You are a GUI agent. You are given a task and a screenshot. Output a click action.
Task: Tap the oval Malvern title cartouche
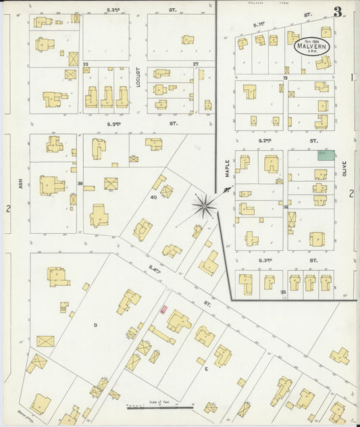click(x=312, y=47)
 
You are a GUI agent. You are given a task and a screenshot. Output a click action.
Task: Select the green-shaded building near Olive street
click(x=327, y=155)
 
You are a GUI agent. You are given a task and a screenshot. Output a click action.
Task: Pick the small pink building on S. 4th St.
click(x=163, y=309)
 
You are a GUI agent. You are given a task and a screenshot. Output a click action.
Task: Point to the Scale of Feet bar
click(x=161, y=407)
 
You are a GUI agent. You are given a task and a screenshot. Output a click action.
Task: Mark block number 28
click(x=86, y=64)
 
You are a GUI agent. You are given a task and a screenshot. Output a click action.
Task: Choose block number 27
click(x=196, y=64)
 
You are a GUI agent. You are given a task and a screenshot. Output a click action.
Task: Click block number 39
click(x=80, y=184)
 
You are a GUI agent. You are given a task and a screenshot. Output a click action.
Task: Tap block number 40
click(x=153, y=197)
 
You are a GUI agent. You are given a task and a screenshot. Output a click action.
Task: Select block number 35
click(x=284, y=292)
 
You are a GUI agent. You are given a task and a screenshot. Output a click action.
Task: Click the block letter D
click(x=95, y=325)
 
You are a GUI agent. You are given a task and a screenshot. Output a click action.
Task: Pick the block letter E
click(x=205, y=369)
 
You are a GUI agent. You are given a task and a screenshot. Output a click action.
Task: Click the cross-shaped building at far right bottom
click(x=340, y=355)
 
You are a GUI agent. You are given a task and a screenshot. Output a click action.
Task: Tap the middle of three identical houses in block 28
click(x=107, y=97)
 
